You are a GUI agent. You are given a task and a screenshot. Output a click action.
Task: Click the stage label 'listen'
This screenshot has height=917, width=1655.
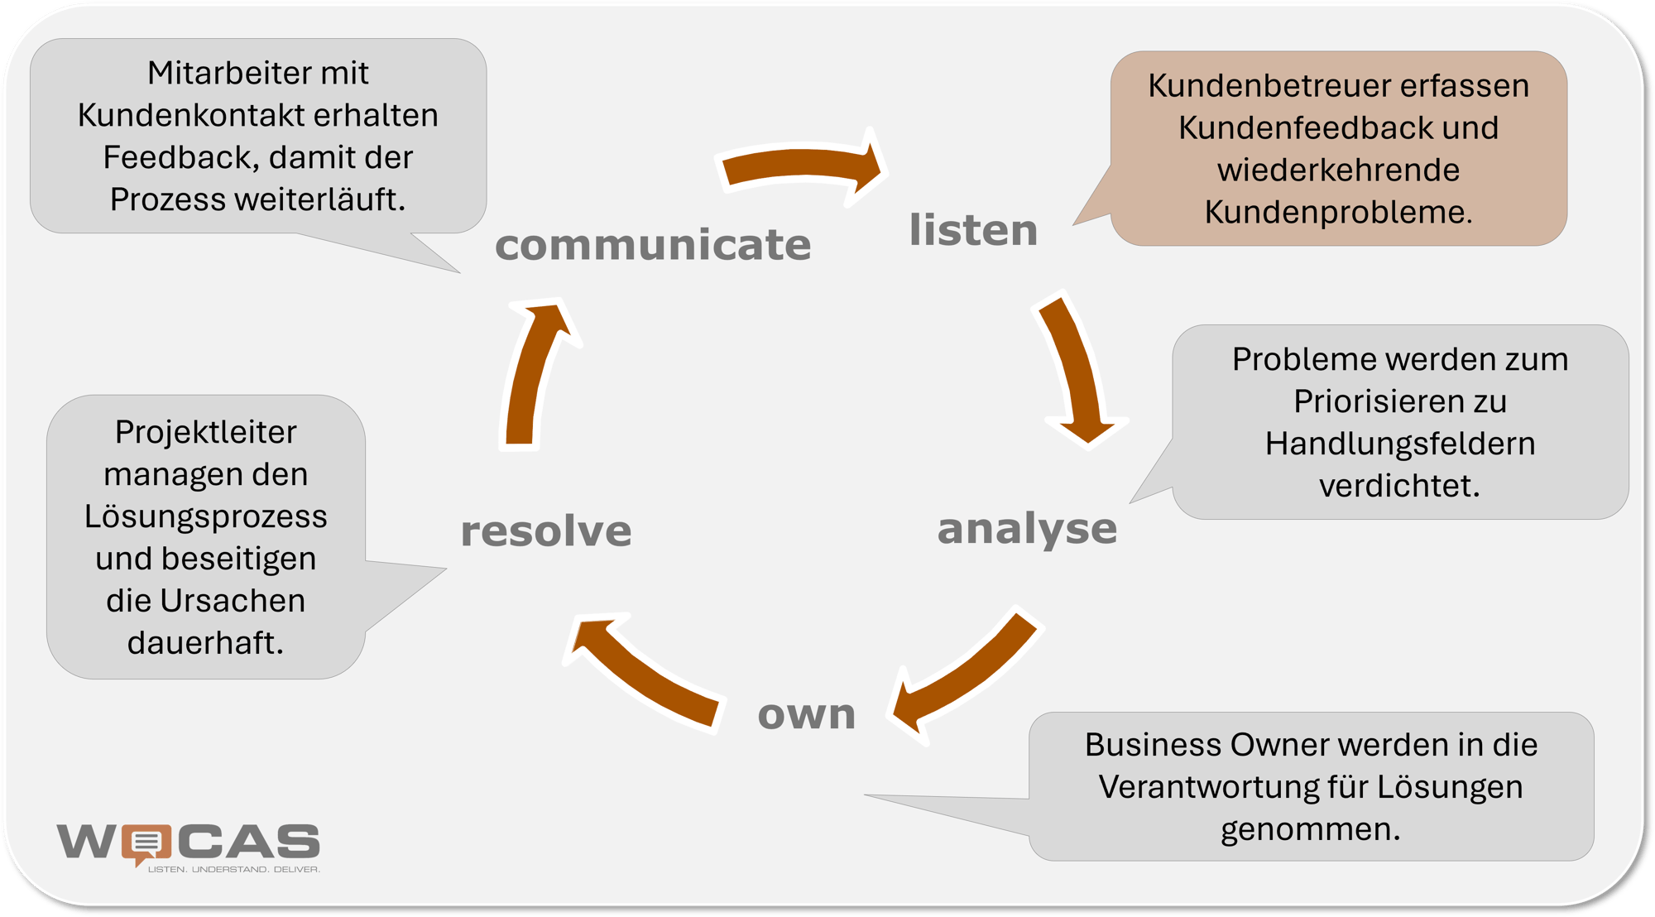point(973,229)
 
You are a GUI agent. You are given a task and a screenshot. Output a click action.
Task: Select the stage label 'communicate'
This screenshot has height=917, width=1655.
point(653,244)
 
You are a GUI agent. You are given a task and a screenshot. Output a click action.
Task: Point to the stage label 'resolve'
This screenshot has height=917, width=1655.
point(546,531)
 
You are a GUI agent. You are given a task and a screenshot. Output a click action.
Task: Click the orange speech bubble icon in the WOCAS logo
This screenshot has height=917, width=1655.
point(146,844)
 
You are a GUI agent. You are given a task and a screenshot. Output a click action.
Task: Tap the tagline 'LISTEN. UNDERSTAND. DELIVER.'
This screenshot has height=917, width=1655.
point(233,869)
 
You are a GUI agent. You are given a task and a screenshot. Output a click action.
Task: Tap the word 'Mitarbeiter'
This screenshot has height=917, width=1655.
point(219,73)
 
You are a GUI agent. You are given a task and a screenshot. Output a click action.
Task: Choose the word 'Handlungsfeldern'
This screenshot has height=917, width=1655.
point(1400,444)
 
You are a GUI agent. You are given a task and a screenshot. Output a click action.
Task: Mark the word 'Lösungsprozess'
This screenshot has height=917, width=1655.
point(205,517)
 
